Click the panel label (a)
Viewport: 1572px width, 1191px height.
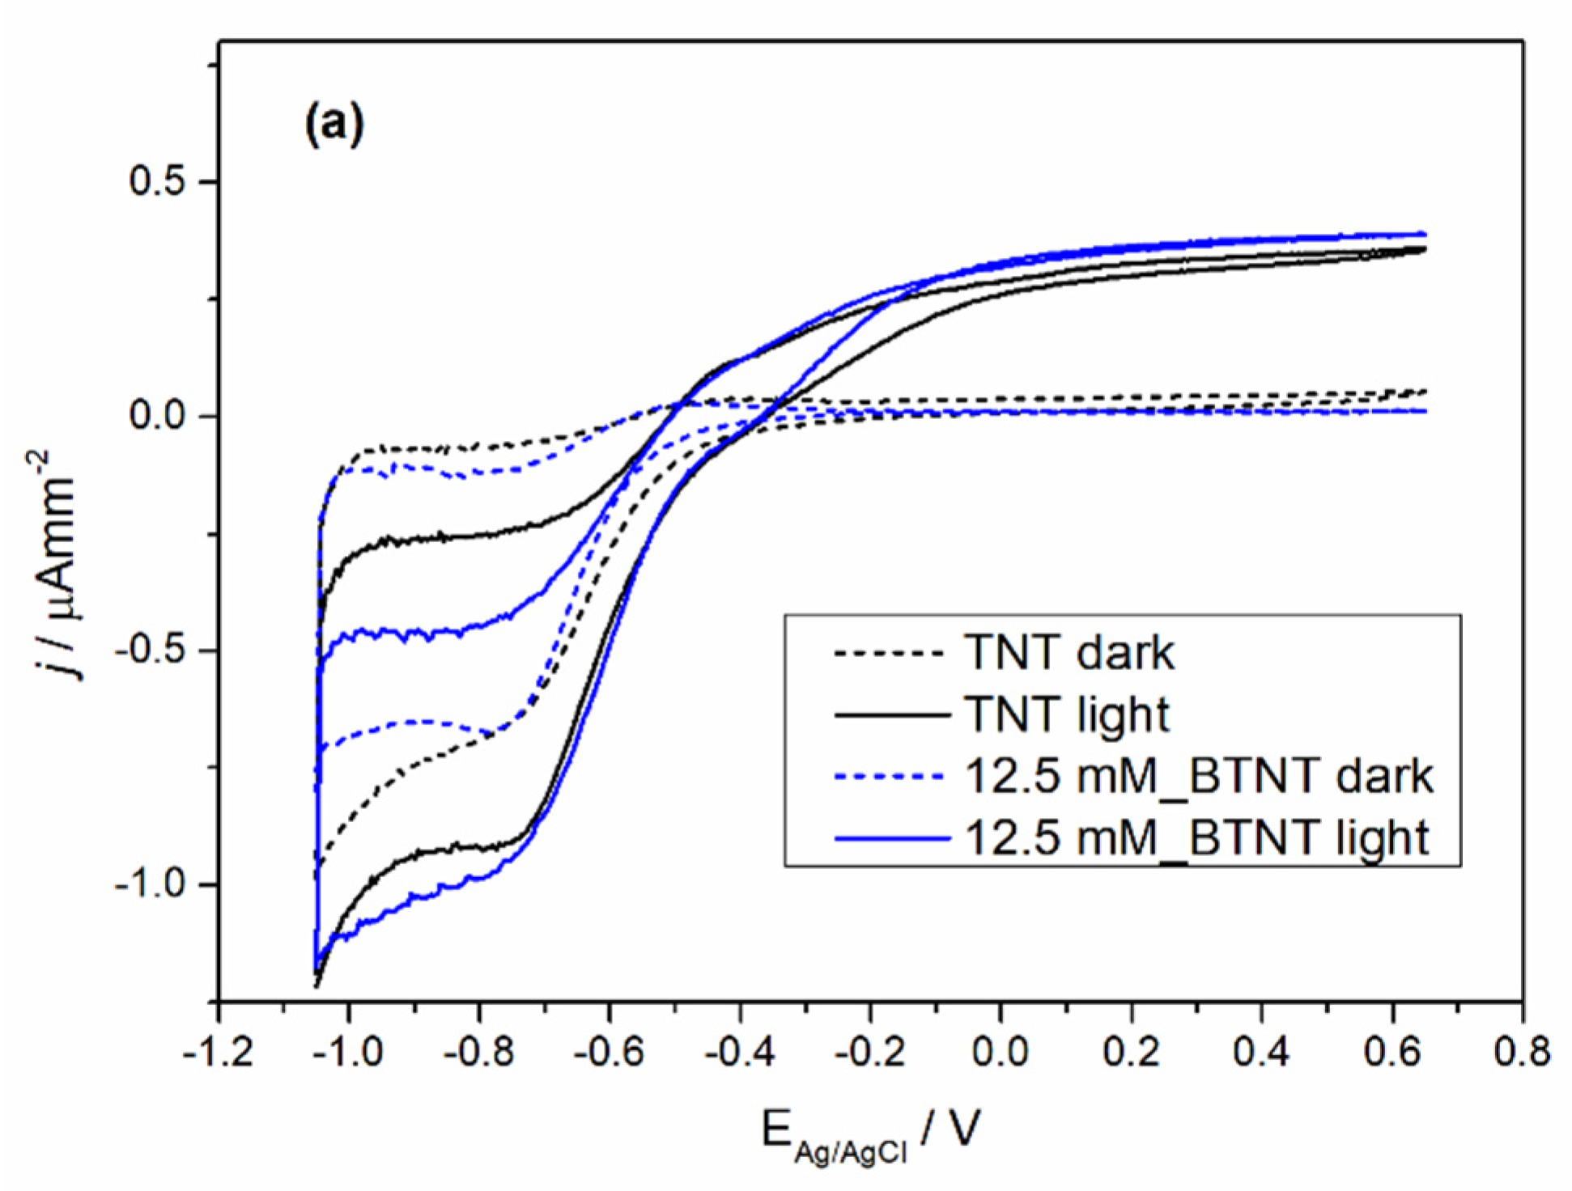pos(334,125)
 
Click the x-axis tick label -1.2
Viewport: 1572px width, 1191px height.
pos(218,1052)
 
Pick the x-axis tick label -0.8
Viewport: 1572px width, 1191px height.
pos(478,1052)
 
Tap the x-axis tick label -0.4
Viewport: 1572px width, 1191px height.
pos(739,1052)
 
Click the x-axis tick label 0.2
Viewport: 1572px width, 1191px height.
pos(1131,1052)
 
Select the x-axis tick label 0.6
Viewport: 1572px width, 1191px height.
pos(1391,1052)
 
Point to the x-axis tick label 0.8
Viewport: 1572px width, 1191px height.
pos(1522,1052)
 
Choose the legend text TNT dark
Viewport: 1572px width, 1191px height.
pos(1069,653)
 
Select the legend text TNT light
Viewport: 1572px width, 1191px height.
pos(1067,715)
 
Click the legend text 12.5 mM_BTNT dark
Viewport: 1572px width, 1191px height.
pos(1198,776)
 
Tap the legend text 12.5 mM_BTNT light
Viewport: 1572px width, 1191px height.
pos(1196,837)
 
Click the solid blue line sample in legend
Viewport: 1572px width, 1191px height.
pos(890,839)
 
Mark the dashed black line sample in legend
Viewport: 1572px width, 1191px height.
pos(890,653)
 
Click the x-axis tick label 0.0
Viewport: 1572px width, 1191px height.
pos(1001,1052)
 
